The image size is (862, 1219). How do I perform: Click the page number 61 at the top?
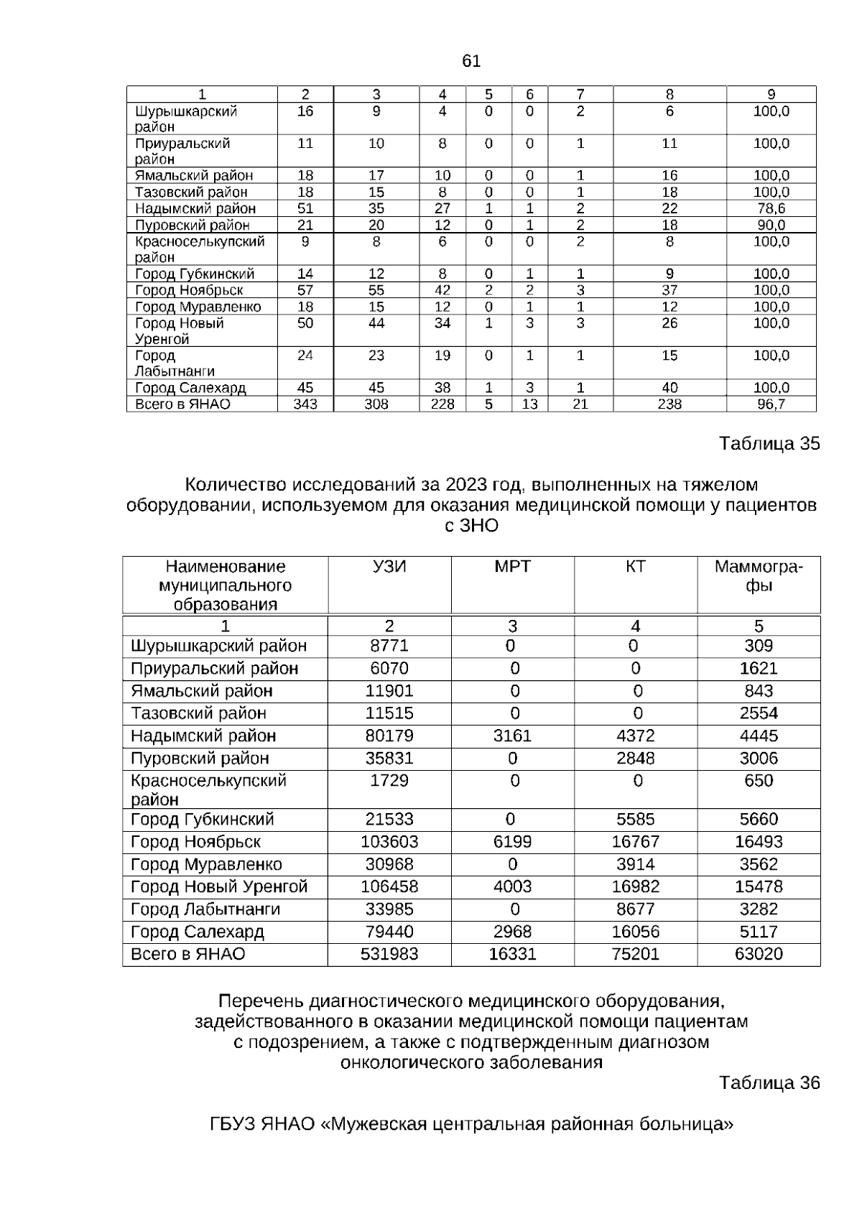click(471, 62)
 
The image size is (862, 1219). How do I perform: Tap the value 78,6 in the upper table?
click(771, 208)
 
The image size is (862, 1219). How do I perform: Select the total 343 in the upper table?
click(305, 404)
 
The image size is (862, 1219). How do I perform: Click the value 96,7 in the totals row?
click(771, 404)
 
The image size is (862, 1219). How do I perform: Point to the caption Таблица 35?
click(769, 444)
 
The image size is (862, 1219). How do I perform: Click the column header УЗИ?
click(389, 567)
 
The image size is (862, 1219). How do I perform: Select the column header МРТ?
click(512, 567)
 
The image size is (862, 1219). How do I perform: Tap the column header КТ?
click(635, 567)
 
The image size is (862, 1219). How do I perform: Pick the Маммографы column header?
click(759, 576)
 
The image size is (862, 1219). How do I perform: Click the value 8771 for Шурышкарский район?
click(389, 646)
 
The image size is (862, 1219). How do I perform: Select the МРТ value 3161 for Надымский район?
click(512, 736)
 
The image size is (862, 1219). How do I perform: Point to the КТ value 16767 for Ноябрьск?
click(635, 842)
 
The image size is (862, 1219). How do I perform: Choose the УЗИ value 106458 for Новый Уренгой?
click(389, 886)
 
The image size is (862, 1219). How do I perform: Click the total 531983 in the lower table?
click(389, 954)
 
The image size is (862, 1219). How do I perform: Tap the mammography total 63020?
click(759, 954)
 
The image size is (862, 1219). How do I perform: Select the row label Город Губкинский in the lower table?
click(203, 820)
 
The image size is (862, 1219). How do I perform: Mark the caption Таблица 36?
click(769, 1083)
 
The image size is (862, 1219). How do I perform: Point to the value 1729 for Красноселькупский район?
click(389, 781)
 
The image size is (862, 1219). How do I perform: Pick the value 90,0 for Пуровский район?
click(771, 225)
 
